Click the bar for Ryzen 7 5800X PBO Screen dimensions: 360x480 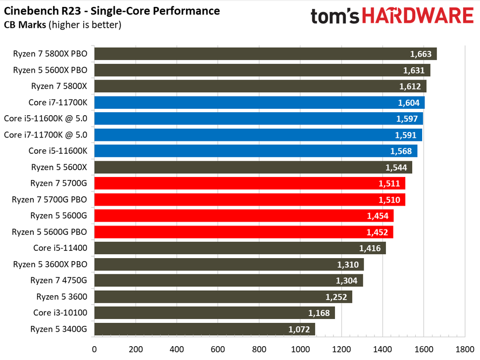265,54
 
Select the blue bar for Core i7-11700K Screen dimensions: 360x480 259,102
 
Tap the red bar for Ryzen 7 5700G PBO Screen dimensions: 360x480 249,200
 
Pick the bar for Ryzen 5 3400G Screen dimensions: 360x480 204,329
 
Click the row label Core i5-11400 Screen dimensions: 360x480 60,248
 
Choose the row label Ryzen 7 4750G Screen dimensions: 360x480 58,280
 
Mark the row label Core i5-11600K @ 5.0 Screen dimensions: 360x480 46,119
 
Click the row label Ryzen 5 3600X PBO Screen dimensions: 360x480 49,265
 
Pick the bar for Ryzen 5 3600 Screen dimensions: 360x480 223,297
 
